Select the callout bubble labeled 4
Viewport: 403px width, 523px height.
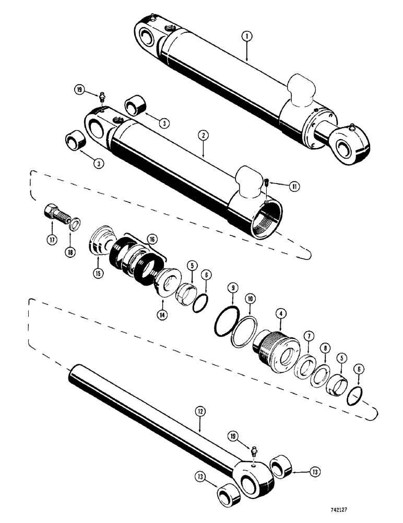(280, 314)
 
